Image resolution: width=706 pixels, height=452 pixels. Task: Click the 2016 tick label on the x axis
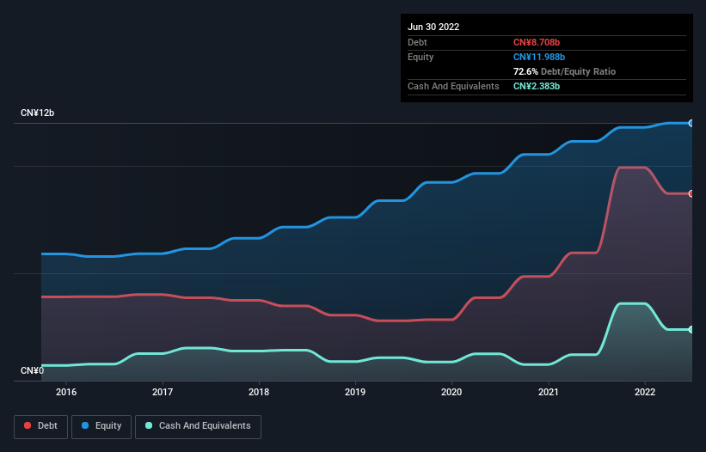[x=66, y=393]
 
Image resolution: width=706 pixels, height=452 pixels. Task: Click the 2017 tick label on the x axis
[x=163, y=393]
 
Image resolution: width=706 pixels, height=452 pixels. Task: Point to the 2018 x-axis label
[x=259, y=393]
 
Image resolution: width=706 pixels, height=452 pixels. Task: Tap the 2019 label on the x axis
[x=355, y=393]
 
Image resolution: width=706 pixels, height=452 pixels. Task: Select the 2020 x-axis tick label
[x=452, y=393]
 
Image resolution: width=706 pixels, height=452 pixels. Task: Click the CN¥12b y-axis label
[x=38, y=113]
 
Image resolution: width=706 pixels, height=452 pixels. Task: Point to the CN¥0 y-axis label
[x=33, y=371]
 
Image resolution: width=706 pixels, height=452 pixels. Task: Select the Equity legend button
[x=102, y=426]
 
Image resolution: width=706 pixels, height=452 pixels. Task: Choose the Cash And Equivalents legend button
[x=198, y=426]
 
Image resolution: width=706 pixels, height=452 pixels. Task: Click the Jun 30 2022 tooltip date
[x=433, y=27]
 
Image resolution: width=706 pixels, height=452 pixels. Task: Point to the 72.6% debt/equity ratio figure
[x=526, y=71]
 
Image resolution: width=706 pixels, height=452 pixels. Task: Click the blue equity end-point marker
[x=691, y=123]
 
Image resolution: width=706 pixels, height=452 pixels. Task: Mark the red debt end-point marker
[x=691, y=193]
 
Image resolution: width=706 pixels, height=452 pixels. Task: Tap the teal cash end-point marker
[x=691, y=329]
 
